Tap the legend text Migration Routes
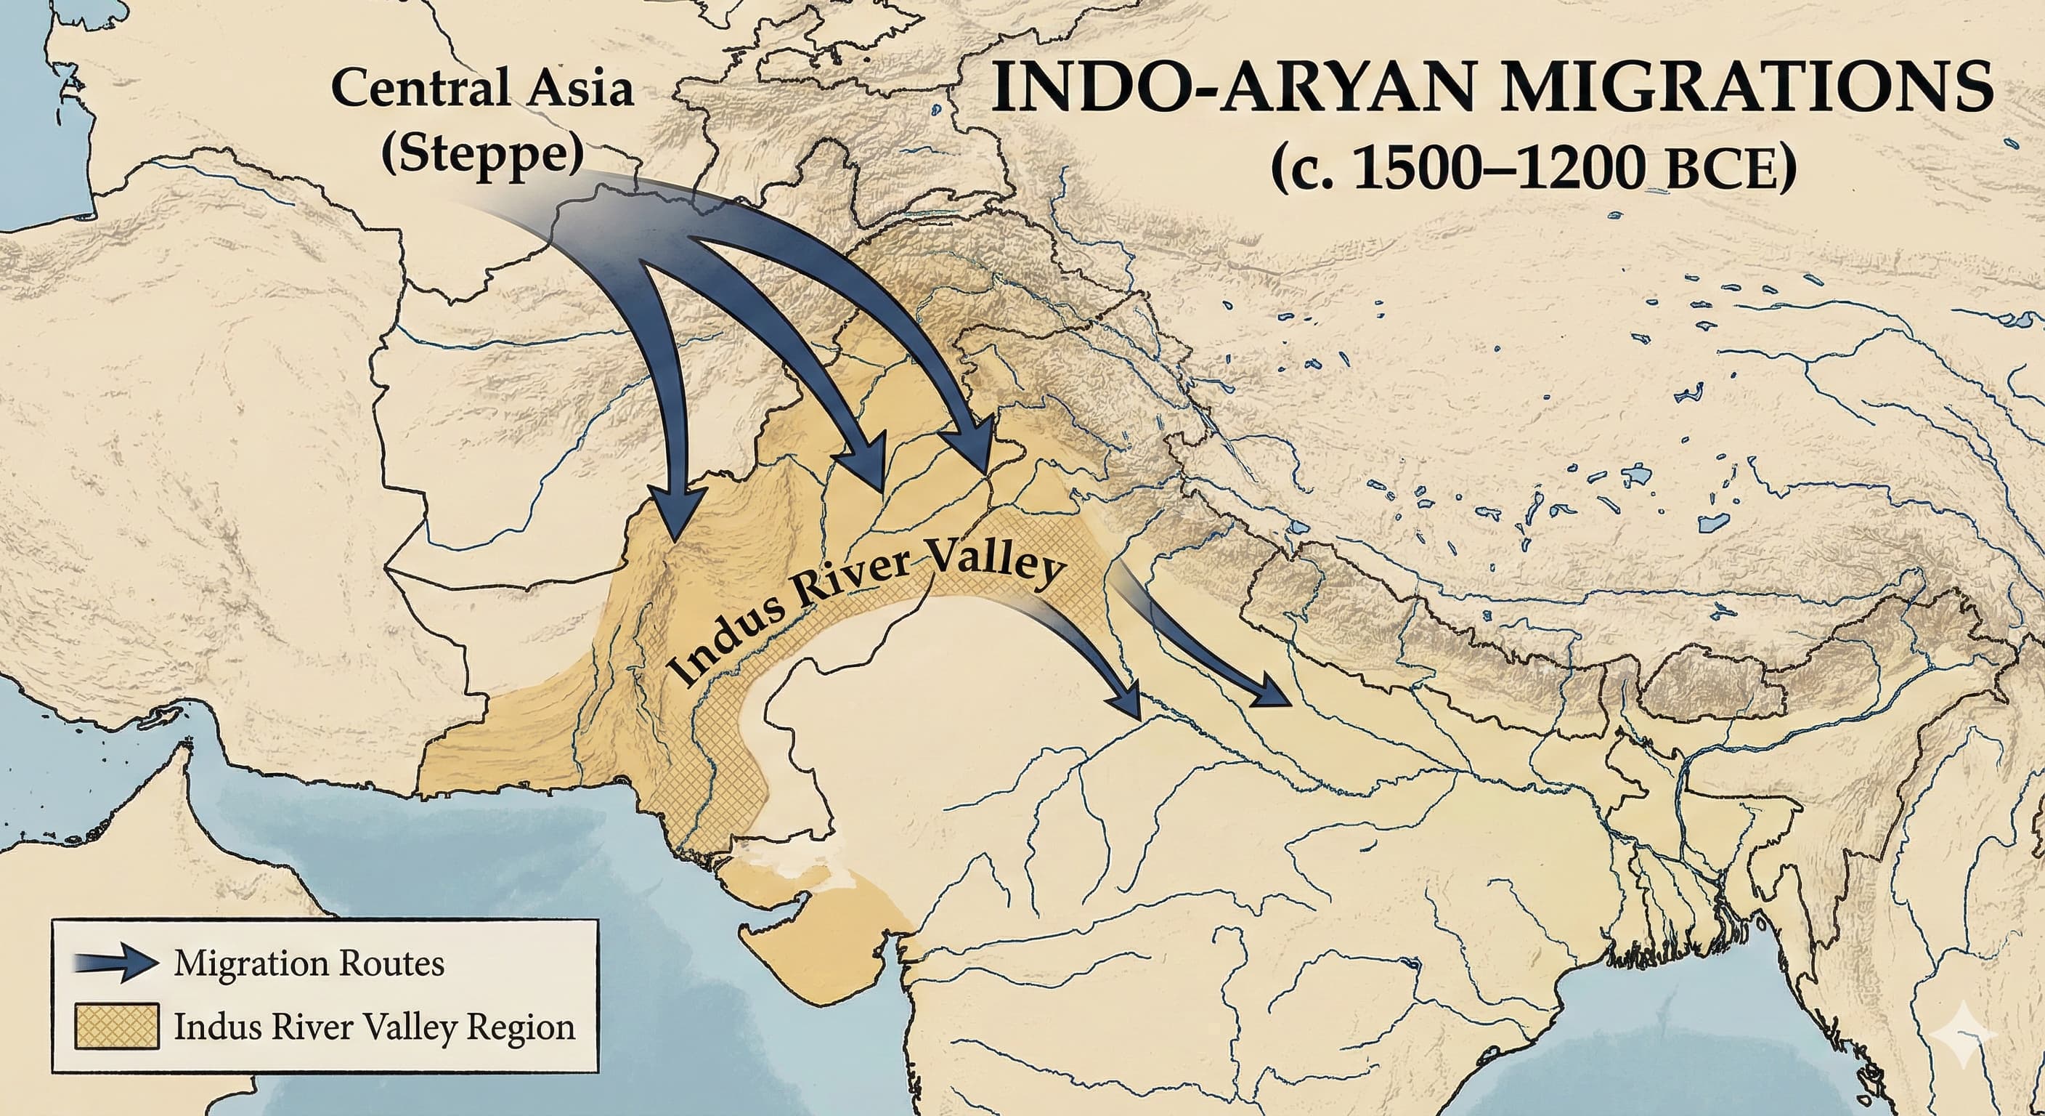click(x=309, y=964)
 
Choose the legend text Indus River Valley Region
click(x=374, y=1027)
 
